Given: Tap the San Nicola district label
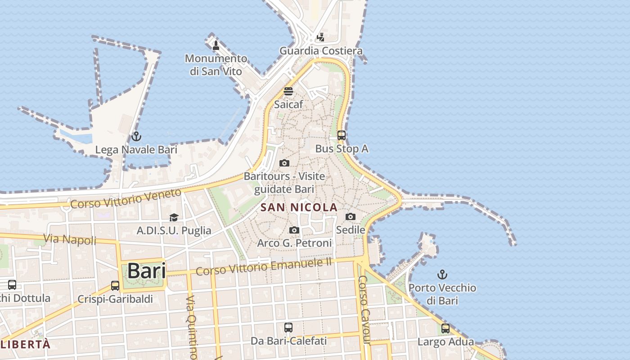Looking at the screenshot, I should click(299, 207).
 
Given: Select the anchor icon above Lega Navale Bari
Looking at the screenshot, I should click(136, 136).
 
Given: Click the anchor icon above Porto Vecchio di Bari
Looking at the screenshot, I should click(442, 274).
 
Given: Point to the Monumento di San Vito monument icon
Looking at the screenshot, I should click(216, 45).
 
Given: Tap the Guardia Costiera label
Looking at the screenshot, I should click(321, 51).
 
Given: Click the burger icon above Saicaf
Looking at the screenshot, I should click(288, 91).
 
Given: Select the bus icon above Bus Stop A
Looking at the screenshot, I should click(342, 135).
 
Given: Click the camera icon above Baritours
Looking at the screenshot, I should click(284, 163).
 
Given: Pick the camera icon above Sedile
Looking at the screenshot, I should click(351, 216).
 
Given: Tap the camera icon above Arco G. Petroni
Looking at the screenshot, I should click(294, 230).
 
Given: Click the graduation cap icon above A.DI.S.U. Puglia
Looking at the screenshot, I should click(174, 218).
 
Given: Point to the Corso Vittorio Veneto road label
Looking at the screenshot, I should click(126, 199).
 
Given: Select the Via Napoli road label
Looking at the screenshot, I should click(70, 239).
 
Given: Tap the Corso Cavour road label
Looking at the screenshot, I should click(364, 310).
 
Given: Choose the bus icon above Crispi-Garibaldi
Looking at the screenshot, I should click(115, 285).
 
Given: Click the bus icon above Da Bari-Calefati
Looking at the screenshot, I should click(288, 328).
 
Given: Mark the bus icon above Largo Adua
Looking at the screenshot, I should click(445, 328).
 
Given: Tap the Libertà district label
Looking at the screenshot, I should click(26, 345).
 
